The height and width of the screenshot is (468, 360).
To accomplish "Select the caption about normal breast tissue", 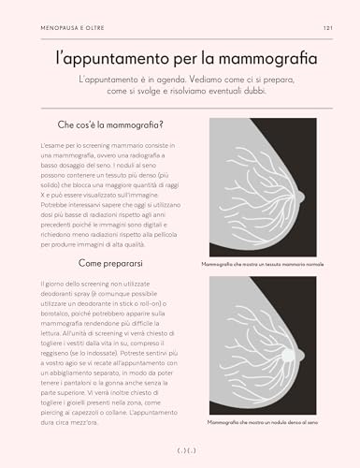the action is [x=261, y=265].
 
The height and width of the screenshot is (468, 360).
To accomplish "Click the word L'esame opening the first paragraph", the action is [x=54, y=147].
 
